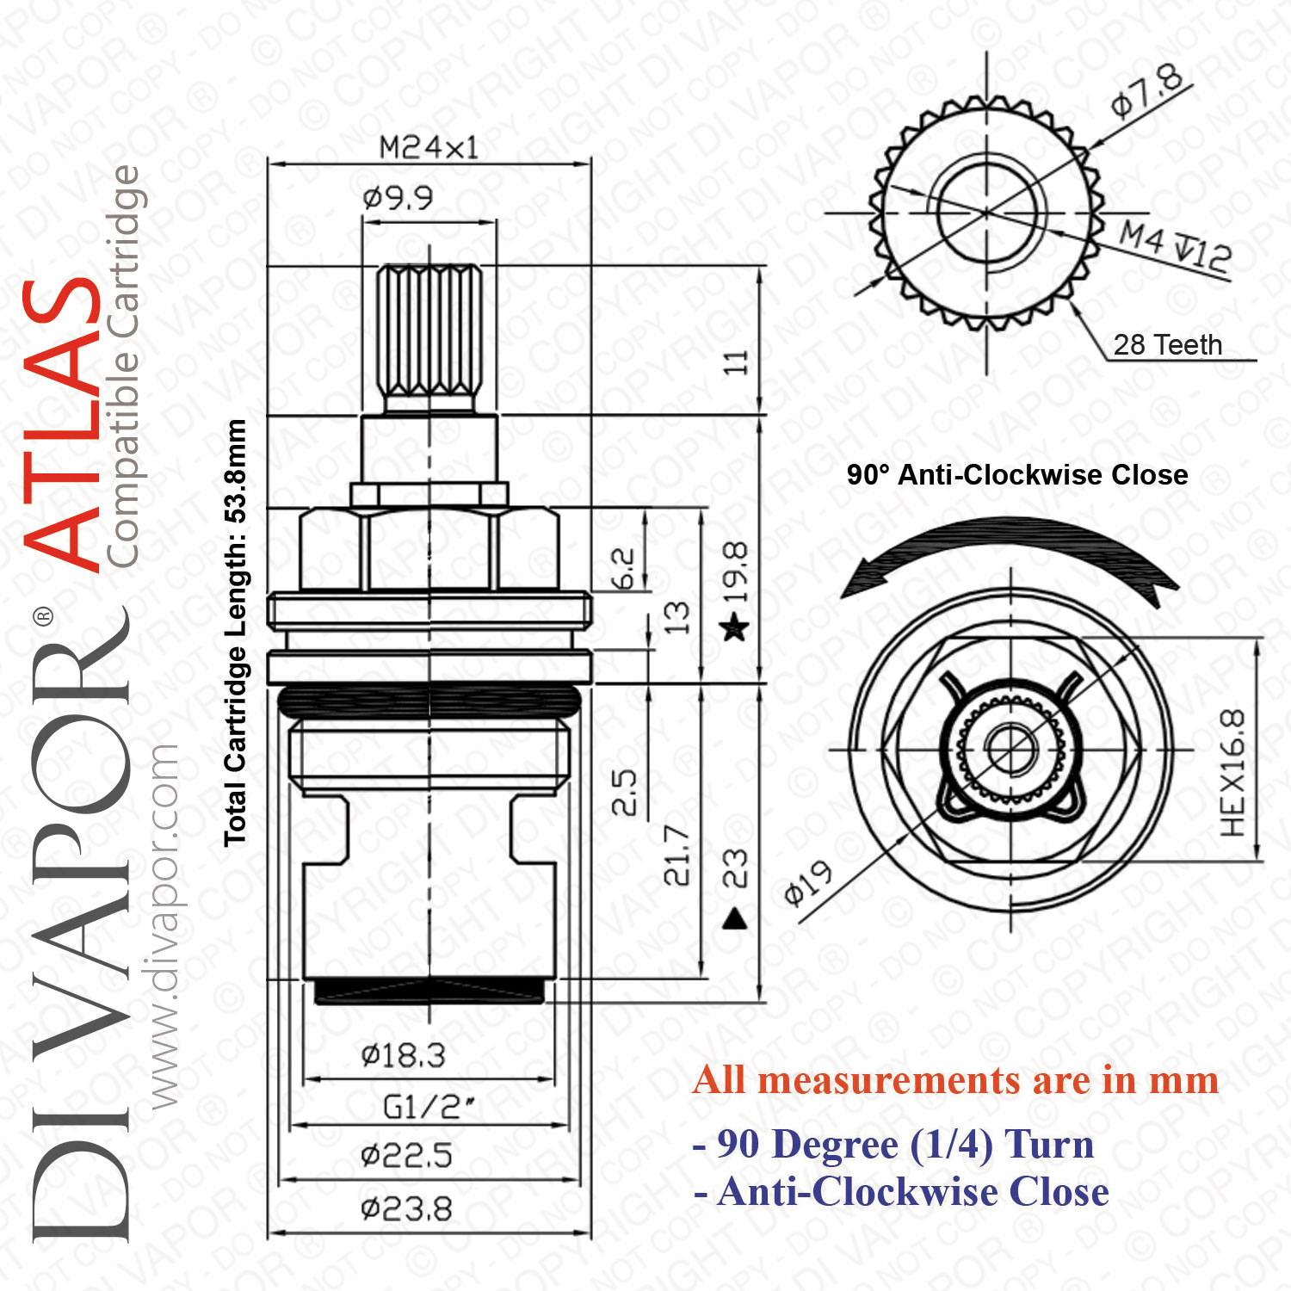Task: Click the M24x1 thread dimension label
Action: (429, 147)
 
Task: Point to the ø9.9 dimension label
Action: (398, 199)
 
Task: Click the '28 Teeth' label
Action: (1168, 345)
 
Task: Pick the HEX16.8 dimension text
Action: (1232, 773)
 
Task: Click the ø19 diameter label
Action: (808, 883)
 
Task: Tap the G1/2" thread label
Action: (428, 1107)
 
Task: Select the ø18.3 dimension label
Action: (403, 1055)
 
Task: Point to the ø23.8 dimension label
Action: (406, 1209)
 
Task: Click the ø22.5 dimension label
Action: (406, 1156)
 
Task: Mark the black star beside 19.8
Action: (735, 627)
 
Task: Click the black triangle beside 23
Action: (735, 919)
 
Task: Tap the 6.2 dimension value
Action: (623, 569)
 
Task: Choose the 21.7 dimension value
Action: (677, 855)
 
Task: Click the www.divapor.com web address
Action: (164, 925)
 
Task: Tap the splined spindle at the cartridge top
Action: (429, 339)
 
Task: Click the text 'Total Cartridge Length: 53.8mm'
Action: (235, 633)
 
